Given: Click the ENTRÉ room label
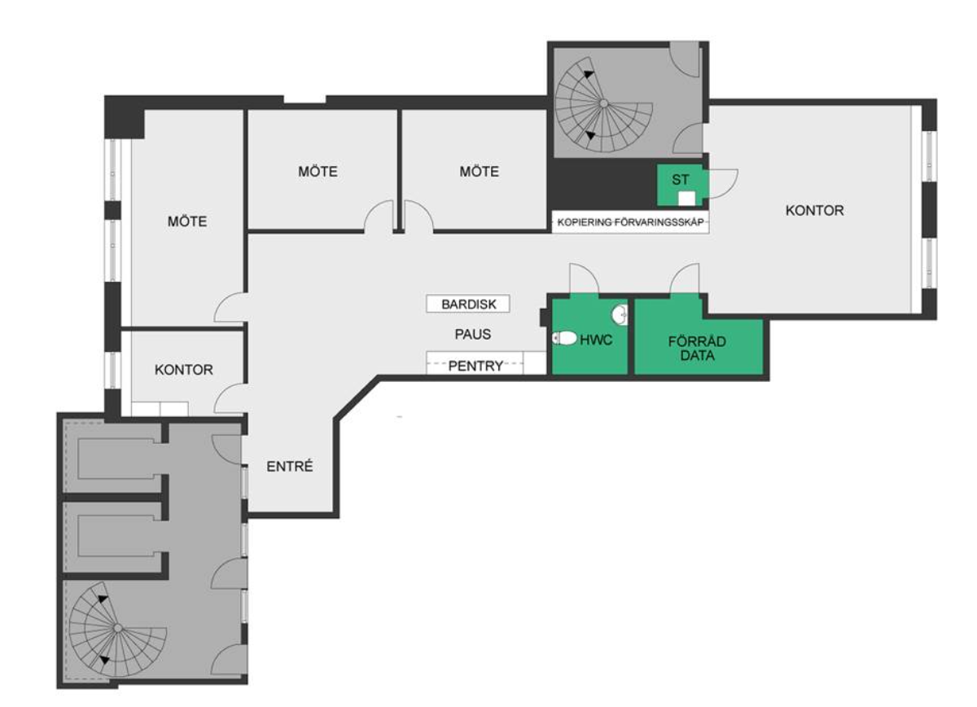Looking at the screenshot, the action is click(x=290, y=467).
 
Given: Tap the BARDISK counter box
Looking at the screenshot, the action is click(x=468, y=304).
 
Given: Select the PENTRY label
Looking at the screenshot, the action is click(x=475, y=366).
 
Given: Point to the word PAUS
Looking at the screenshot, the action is click(x=473, y=334).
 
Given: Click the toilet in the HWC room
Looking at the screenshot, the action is click(x=564, y=338).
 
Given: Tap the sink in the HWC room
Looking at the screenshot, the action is click(x=620, y=314).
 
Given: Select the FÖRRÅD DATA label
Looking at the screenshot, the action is click(x=697, y=349).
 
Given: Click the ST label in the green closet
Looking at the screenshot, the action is click(x=681, y=179).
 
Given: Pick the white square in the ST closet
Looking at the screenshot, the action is click(x=686, y=199).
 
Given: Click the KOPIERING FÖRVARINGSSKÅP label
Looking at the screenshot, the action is click(x=630, y=222).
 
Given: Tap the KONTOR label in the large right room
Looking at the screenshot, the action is click(x=814, y=210).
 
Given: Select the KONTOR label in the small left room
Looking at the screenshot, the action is click(x=184, y=370).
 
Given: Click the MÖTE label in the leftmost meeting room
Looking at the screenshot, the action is click(x=187, y=222).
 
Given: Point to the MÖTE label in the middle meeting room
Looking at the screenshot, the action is click(x=318, y=172).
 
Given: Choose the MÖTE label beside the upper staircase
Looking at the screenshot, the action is click(x=479, y=172).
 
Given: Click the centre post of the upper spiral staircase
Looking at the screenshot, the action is click(x=603, y=103).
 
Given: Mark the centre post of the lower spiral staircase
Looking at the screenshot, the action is click(x=117, y=628).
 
